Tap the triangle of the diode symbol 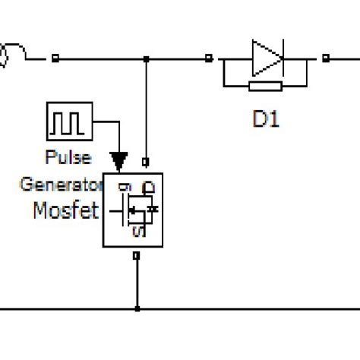(x=265, y=58)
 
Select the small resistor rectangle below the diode (x=265, y=86)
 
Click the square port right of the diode (x=324, y=58)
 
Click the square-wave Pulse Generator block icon (x=69, y=122)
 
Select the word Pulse (x=68, y=158)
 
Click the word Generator (x=61, y=184)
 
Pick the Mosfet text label (x=66, y=210)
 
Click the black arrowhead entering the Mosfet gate (x=118, y=160)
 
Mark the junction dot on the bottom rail (x=137, y=308)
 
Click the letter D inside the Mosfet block (x=150, y=186)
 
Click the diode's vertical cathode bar (x=282, y=58)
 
